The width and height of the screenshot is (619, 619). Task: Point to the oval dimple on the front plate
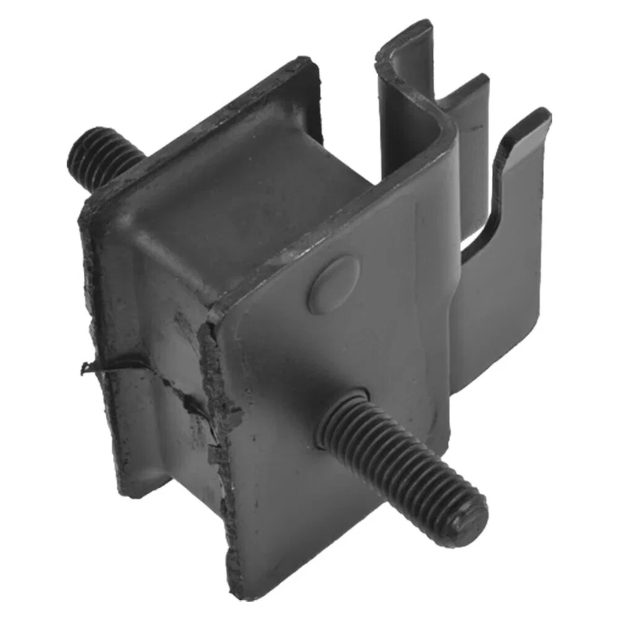(333, 284)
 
